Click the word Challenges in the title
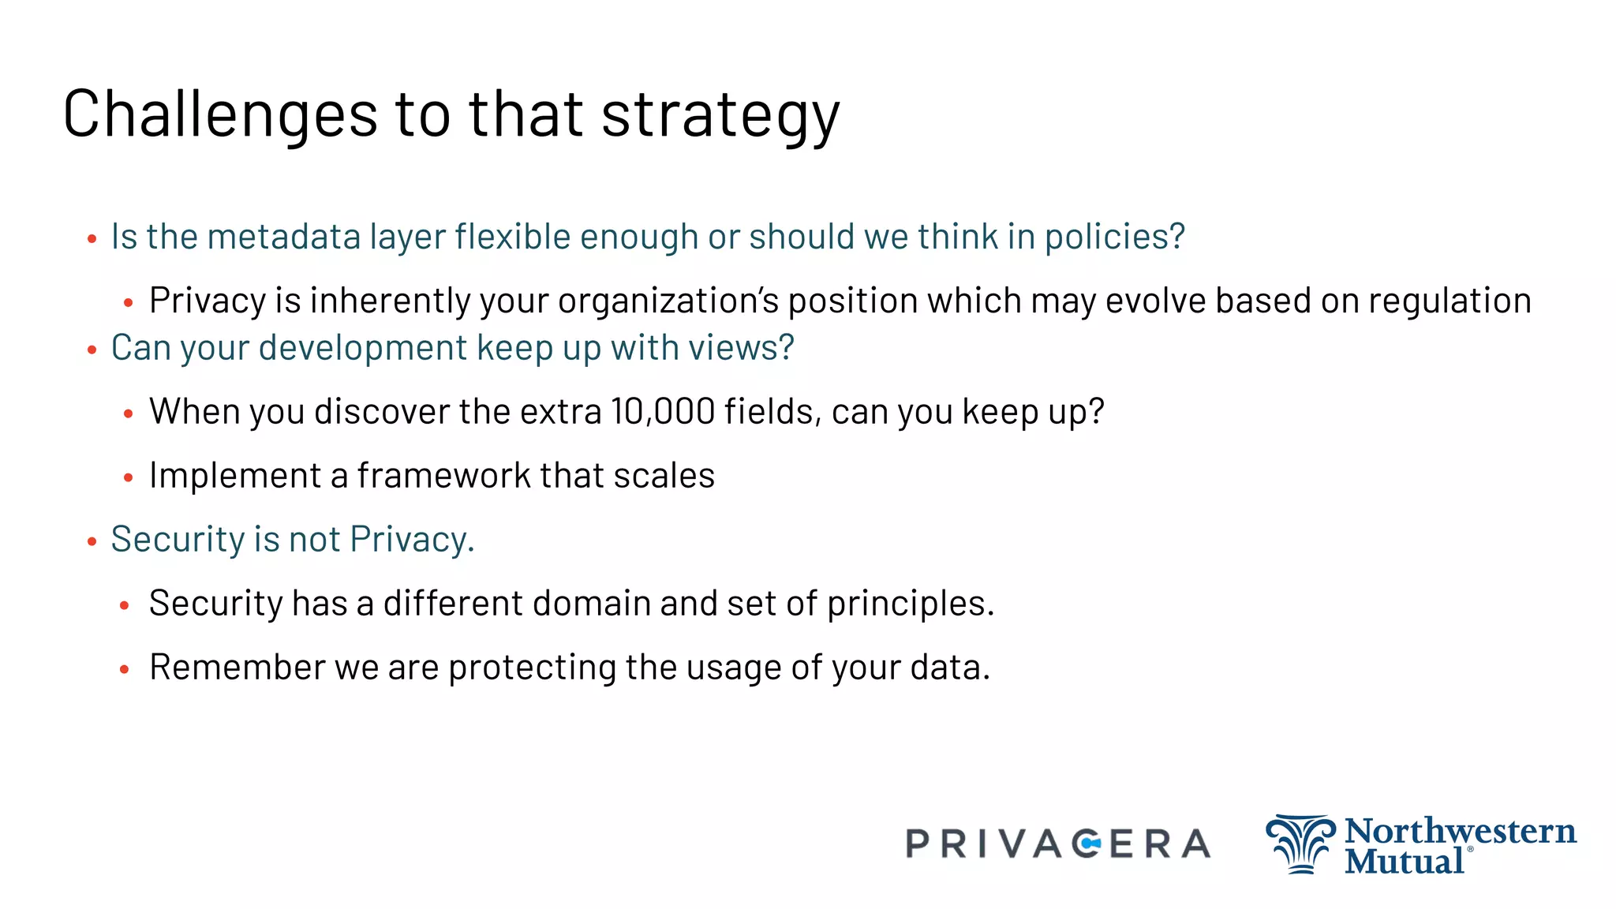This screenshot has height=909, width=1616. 220,114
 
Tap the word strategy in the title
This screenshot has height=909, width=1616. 720,117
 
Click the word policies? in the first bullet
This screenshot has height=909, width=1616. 1114,238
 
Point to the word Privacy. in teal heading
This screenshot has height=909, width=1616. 412,540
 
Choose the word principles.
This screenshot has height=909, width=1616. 911,604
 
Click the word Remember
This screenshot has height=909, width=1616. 237,668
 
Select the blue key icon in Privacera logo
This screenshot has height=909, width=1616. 1090,844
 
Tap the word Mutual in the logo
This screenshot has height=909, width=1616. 1404,860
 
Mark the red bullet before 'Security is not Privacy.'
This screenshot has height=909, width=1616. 92,541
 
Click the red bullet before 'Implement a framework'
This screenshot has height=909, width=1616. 129,477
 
